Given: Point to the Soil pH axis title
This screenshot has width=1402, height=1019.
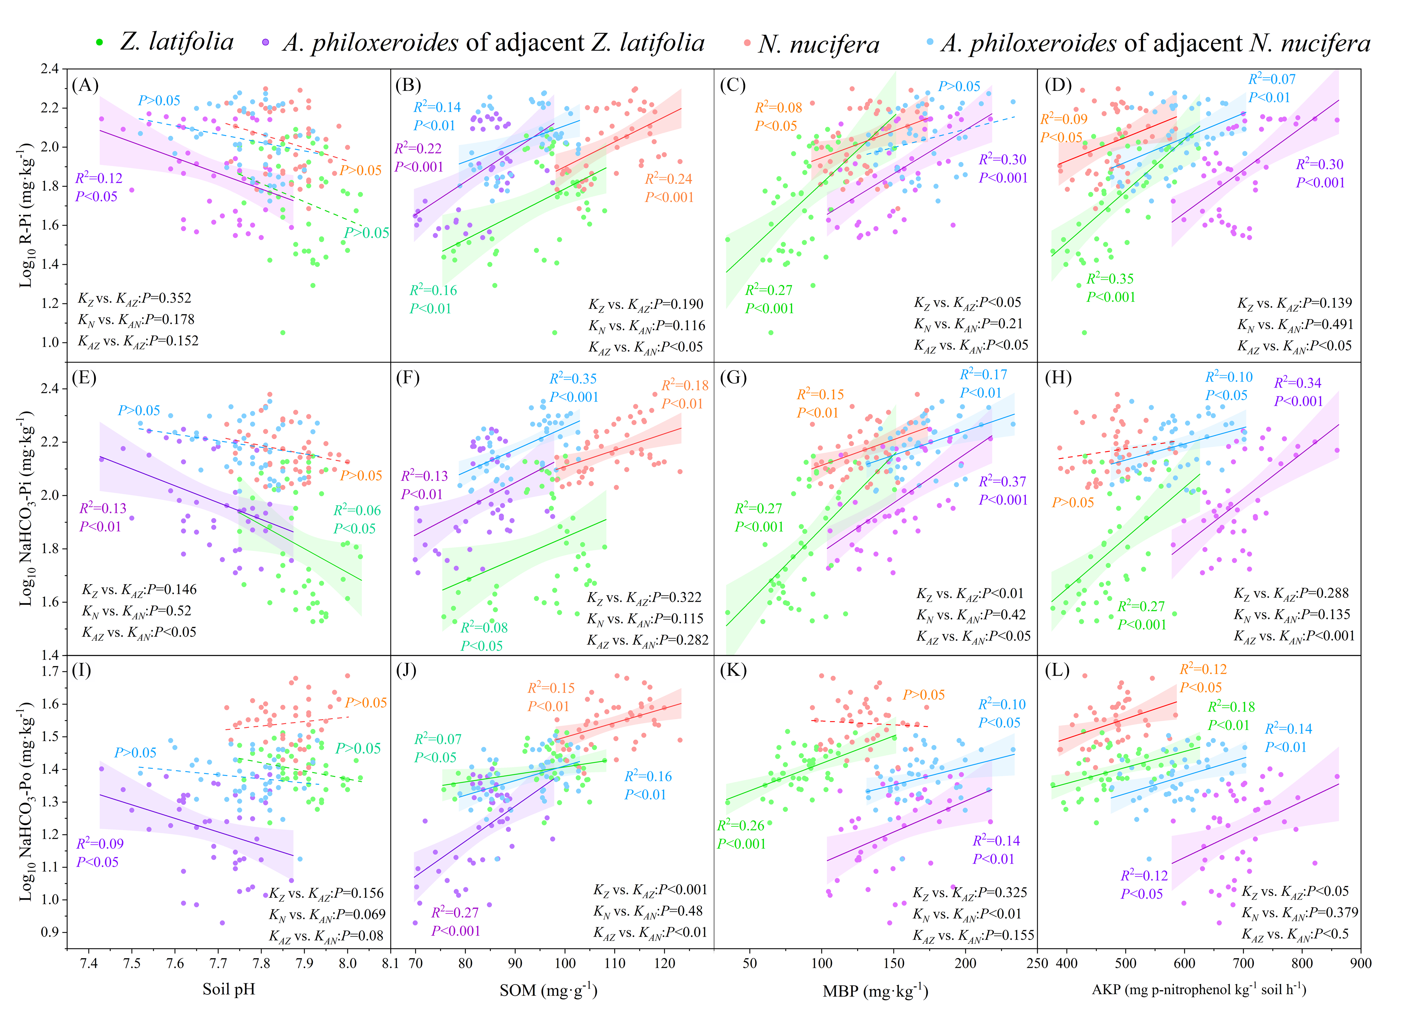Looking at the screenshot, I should coord(229,989).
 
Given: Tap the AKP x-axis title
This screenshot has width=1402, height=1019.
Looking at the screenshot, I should coord(1199,989).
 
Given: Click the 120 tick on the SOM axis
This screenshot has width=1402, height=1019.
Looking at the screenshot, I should coord(664,963).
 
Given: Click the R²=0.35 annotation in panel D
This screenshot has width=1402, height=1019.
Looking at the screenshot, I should coord(1110,279).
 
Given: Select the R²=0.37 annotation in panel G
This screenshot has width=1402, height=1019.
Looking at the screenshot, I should coord(1002,482).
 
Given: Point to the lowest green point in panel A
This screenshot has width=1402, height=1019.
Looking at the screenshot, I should coord(283,332).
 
